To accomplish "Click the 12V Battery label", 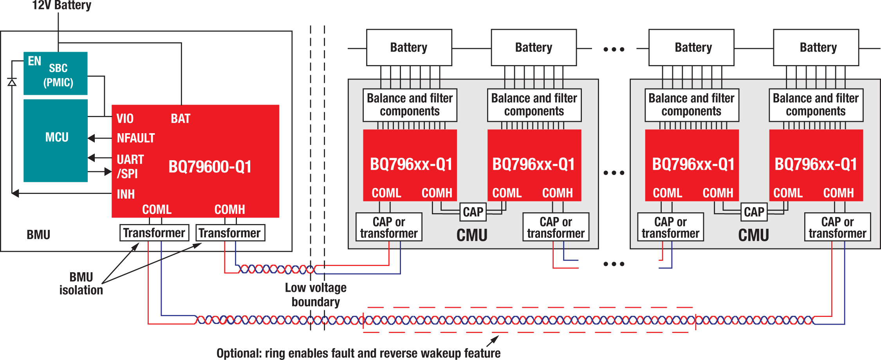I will [x=61, y=5].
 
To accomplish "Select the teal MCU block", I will [x=56, y=140].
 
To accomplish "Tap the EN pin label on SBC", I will [x=34, y=61].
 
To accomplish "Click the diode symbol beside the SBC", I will [x=12, y=82].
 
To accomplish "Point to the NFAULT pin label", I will [x=136, y=138].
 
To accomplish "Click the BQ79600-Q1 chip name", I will [x=210, y=167].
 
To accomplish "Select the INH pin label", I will [x=126, y=194].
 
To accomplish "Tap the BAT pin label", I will [x=181, y=119].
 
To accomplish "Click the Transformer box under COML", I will [x=154, y=233].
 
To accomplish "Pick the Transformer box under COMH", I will [x=230, y=233].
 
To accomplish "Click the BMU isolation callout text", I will [x=81, y=284].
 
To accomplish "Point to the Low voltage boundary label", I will [x=316, y=295].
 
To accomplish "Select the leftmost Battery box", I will [x=409, y=48].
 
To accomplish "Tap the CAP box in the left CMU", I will [x=473, y=212].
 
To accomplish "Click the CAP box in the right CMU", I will [x=754, y=212].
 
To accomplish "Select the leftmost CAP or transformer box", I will [x=389, y=228].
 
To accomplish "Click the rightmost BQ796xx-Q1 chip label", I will [x=816, y=165].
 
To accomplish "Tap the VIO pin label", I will [x=125, y=119].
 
